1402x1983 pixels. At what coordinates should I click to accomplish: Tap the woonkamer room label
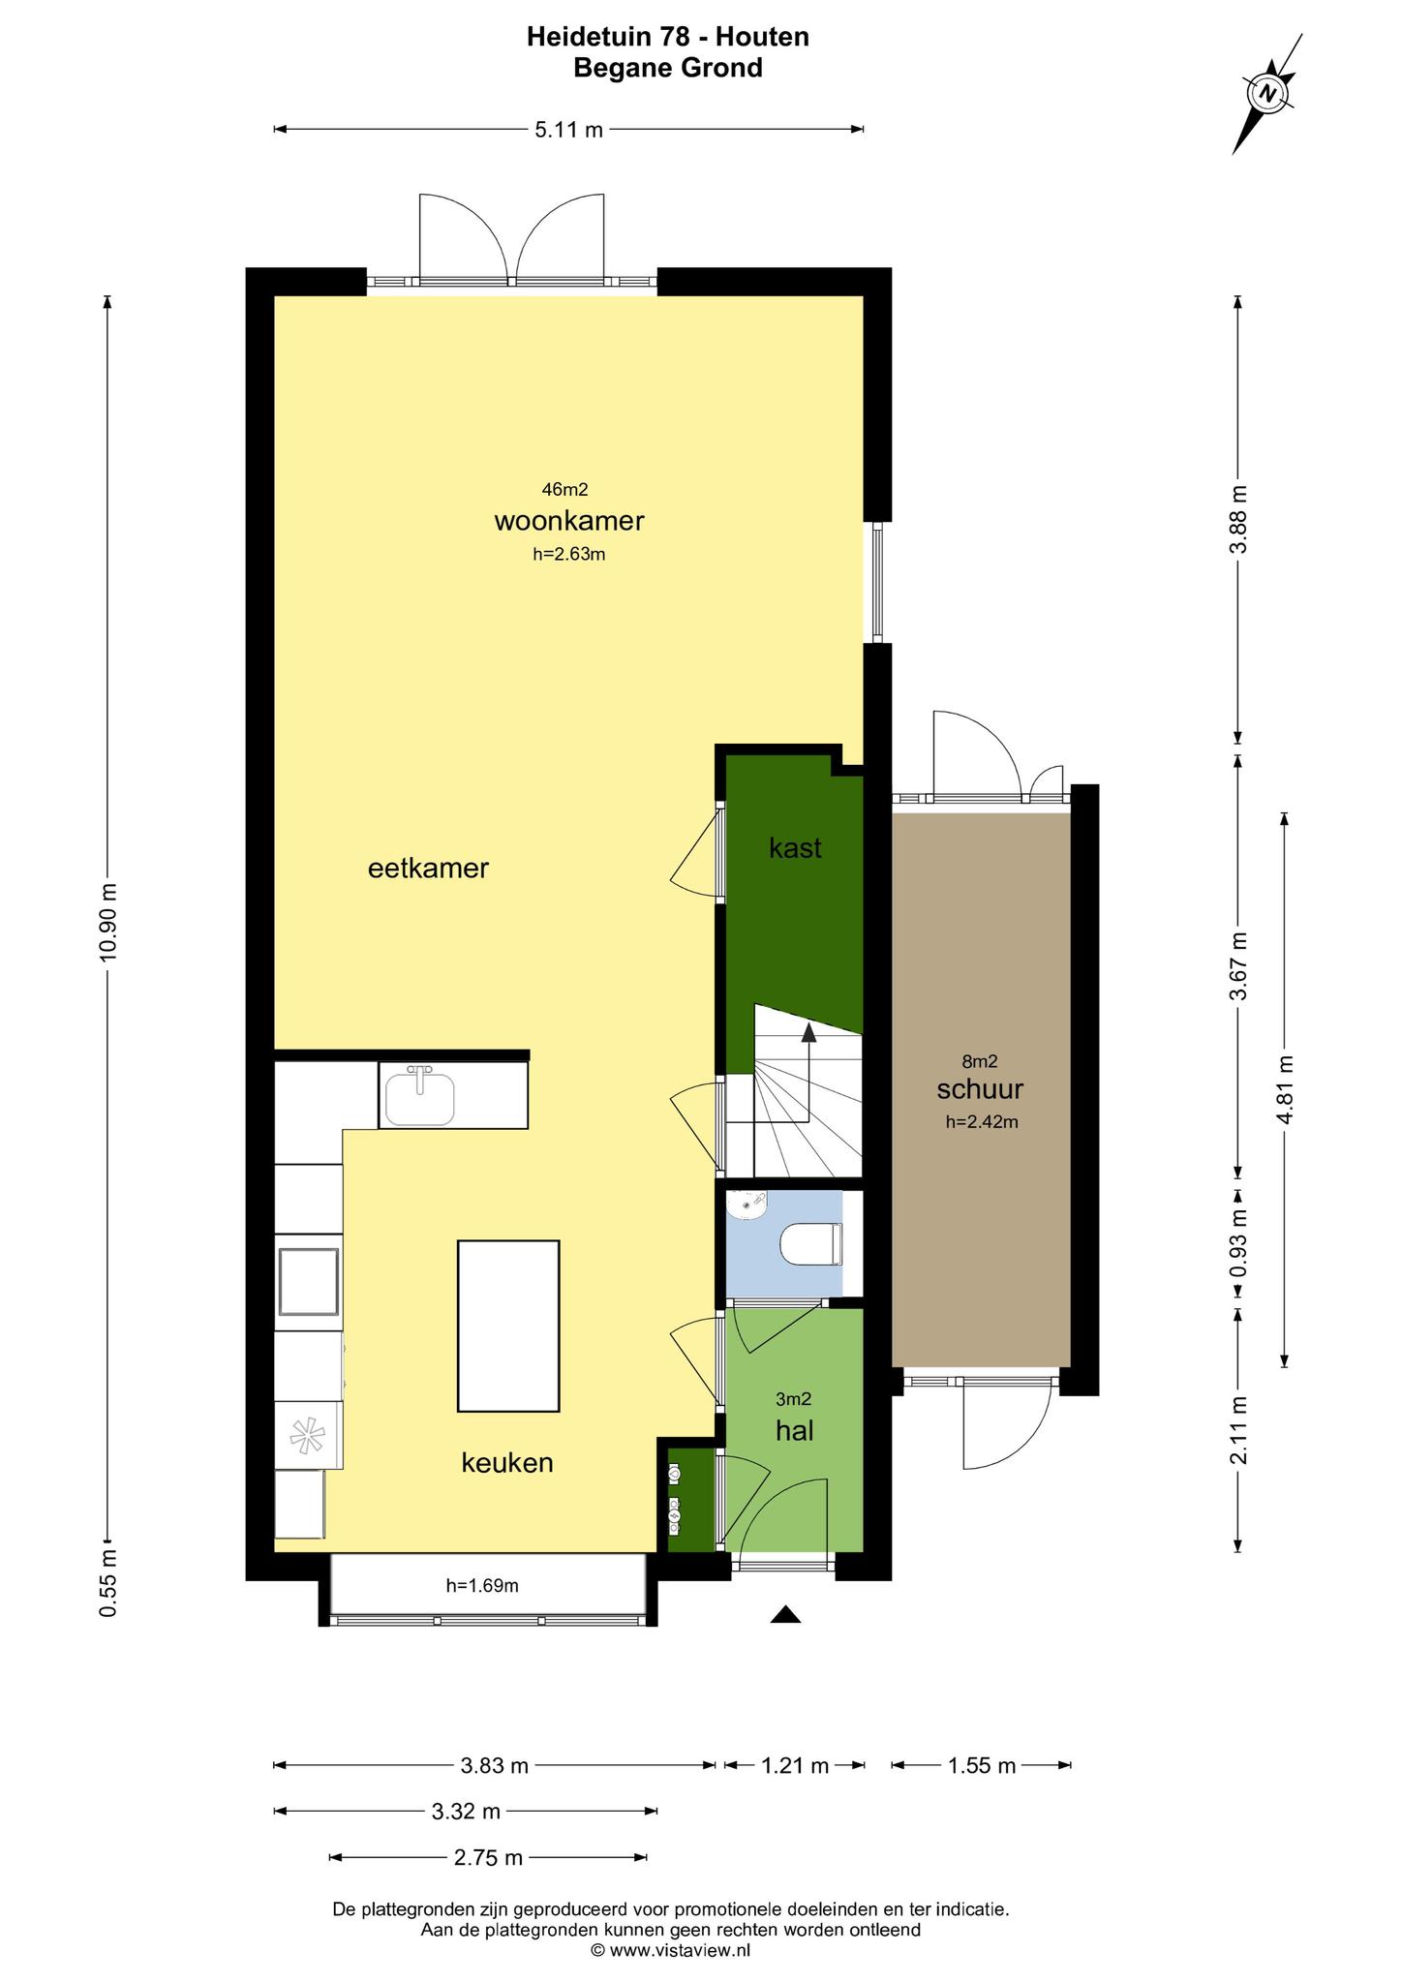point(569,521)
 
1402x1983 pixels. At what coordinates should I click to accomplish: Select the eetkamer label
point(428,868)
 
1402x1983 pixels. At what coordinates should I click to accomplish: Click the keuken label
point(507,1462)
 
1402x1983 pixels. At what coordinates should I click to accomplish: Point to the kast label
point(795,848)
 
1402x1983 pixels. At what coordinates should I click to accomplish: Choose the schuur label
point(980,1089)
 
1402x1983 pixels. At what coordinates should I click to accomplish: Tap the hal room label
point(794,1430)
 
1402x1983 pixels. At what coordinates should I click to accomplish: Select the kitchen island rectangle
point(508,1326)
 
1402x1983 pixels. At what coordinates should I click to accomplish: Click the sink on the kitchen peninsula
point(419,1096)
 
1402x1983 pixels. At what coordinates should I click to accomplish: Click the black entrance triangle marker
point(786,1614)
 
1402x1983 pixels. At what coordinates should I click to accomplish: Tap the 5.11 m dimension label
point(569,130)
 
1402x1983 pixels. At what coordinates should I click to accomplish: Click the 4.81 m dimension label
point(1285,1088)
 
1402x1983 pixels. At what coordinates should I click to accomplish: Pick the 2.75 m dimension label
point(488,1857)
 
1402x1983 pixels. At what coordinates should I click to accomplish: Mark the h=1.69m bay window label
point(482,1586)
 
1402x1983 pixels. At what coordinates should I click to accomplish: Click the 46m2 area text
point(565,490)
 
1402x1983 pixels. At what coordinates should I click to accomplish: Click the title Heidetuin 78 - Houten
point(668,37)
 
